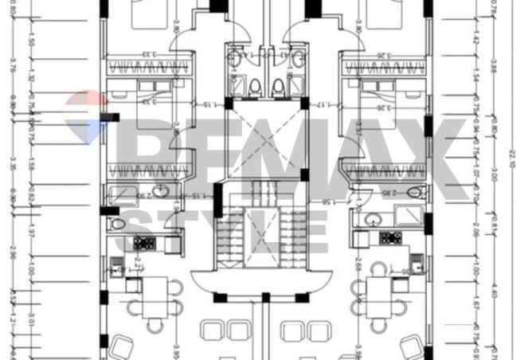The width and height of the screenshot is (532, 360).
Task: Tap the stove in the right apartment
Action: click(389, 237)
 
